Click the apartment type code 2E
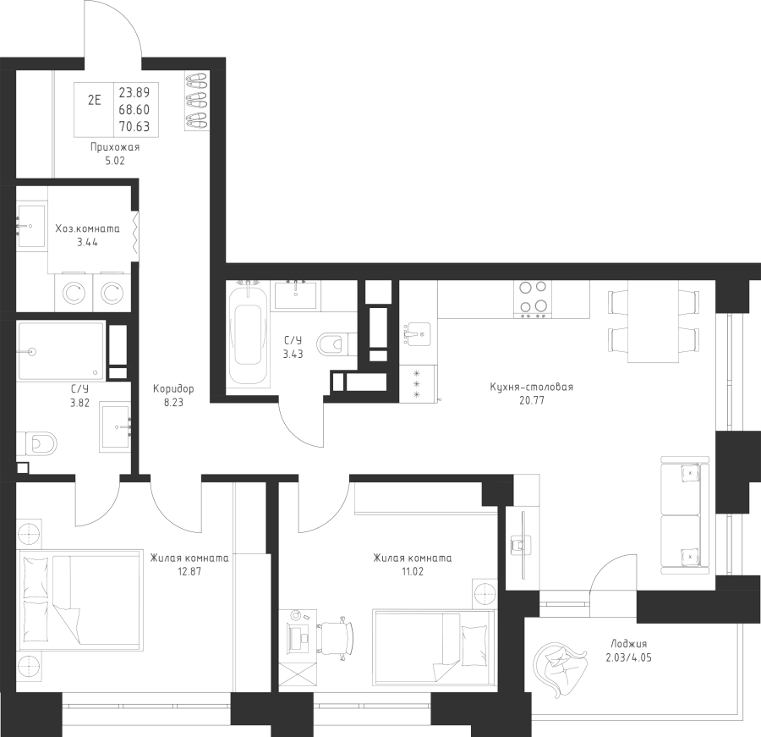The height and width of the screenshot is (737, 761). [x=94, y=101]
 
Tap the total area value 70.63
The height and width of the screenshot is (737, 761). [x=134, y=126]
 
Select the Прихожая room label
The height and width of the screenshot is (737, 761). [x=115, y=147]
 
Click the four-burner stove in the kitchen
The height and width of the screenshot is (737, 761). [x=533, y=300]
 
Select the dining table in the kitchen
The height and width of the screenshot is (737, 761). [x=654, y=322]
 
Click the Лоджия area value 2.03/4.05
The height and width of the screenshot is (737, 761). [x=628, y=658]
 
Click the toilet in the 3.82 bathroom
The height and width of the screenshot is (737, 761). [x=36, y=443]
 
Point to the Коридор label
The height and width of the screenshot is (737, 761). [x=173, y=388]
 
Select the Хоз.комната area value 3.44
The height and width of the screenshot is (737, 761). [x=87, y=242]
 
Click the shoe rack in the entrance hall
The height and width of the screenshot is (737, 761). [x=196, y=101]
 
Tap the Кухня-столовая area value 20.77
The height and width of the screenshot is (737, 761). [x=532, y=401]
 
